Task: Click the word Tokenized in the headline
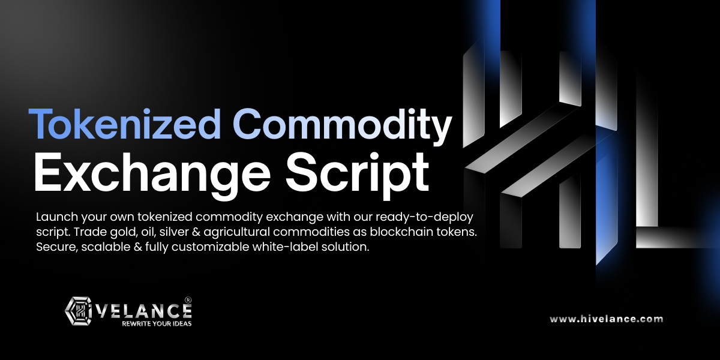click(125, 124)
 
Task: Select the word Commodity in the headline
click(343, 127)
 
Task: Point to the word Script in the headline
click(358, 173)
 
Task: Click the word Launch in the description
click(57, 217)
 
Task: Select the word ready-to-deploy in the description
click(425, 218)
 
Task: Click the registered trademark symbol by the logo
click(188, 300)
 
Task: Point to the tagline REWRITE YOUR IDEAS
click(157, 323)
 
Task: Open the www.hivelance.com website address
click(606, 319)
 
